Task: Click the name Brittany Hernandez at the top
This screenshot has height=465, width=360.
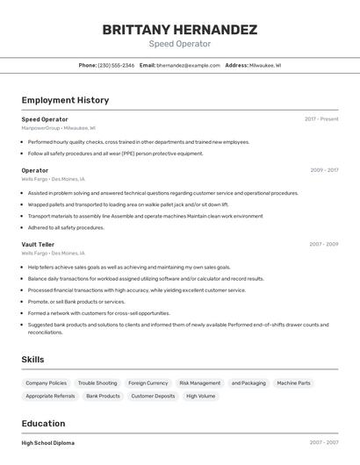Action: (x=179, y=29)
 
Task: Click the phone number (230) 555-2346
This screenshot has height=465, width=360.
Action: (x=116, y=65)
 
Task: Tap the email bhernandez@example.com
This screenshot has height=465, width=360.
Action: (x=188, y=65)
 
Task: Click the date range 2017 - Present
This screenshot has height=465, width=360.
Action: (x=321, y=119)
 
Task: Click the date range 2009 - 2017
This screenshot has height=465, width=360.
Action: (x=324, y=170)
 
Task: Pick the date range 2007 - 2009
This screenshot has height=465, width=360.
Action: (x=324, y=245)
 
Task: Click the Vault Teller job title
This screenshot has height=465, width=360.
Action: (x=38, y=245)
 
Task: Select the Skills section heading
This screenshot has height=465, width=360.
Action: (x=32, y=360)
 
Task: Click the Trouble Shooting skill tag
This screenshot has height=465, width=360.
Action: (x=97, y=383)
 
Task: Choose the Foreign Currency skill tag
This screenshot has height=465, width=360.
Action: (x=148, y=383)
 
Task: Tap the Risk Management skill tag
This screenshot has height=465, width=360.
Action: (x=199, y=383)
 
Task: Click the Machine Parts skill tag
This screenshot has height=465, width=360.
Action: (x=293, y=383)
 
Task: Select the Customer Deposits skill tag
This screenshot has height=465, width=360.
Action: (x=153, y=396)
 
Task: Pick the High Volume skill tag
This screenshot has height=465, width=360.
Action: (x=200, y=396)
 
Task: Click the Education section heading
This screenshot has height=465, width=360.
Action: (x=43, y=423)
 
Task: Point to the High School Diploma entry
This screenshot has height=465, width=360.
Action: (x=48, y=443)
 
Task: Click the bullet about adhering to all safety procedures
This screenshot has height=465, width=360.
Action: (x=66, y=227)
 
